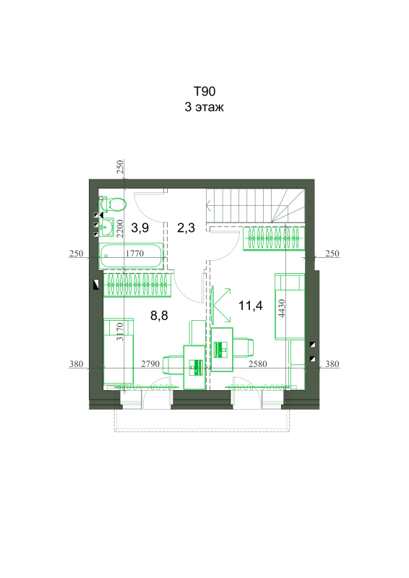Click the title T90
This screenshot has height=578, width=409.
click(204, 91)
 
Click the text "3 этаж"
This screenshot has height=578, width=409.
click(204, 107)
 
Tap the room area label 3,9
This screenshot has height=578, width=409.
click(140, 228)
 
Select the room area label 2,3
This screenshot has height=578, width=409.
click(186, 228)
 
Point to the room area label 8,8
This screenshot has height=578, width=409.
click(159, 316)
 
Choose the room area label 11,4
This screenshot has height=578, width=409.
click(251, 306)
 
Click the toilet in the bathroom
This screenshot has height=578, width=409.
click(113, 204)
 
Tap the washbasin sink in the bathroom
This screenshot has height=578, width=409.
click(106, 227)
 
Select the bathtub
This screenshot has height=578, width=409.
click(132, 256)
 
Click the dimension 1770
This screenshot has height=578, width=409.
click(134, 254)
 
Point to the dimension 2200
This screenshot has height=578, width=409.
click(119, 228)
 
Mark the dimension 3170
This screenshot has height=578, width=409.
click(119, 332)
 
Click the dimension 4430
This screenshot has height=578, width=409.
click(282, 309)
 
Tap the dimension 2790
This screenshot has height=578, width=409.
click(150, 364)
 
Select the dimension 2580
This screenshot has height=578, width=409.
click(257, 364)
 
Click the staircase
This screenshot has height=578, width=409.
click(256, 206)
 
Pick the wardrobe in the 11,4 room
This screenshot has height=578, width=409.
click(274, 239)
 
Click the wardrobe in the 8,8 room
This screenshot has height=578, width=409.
click(137, 285)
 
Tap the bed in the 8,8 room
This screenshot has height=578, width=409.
click(119, 351)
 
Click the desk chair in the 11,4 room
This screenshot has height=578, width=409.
click(244, 348)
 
